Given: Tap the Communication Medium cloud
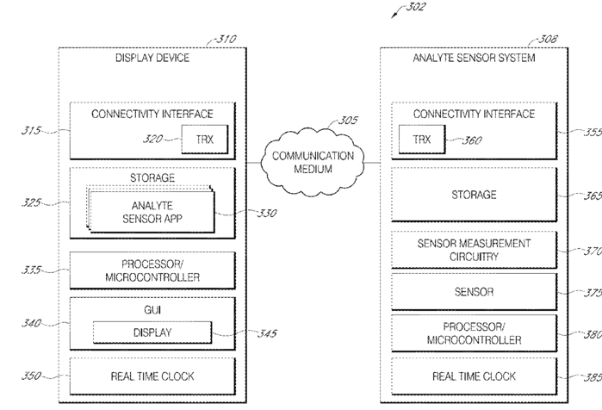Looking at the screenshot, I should coord(313,161).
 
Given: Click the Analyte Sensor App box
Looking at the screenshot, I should coord(152,211).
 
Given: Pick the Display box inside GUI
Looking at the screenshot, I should coord(152,332).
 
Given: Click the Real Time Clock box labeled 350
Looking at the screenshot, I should coord(152,376).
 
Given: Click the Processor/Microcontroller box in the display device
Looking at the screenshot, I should coord(152,270).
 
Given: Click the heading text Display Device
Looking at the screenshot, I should coord(152,59).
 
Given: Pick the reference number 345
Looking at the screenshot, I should coord(261,333).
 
